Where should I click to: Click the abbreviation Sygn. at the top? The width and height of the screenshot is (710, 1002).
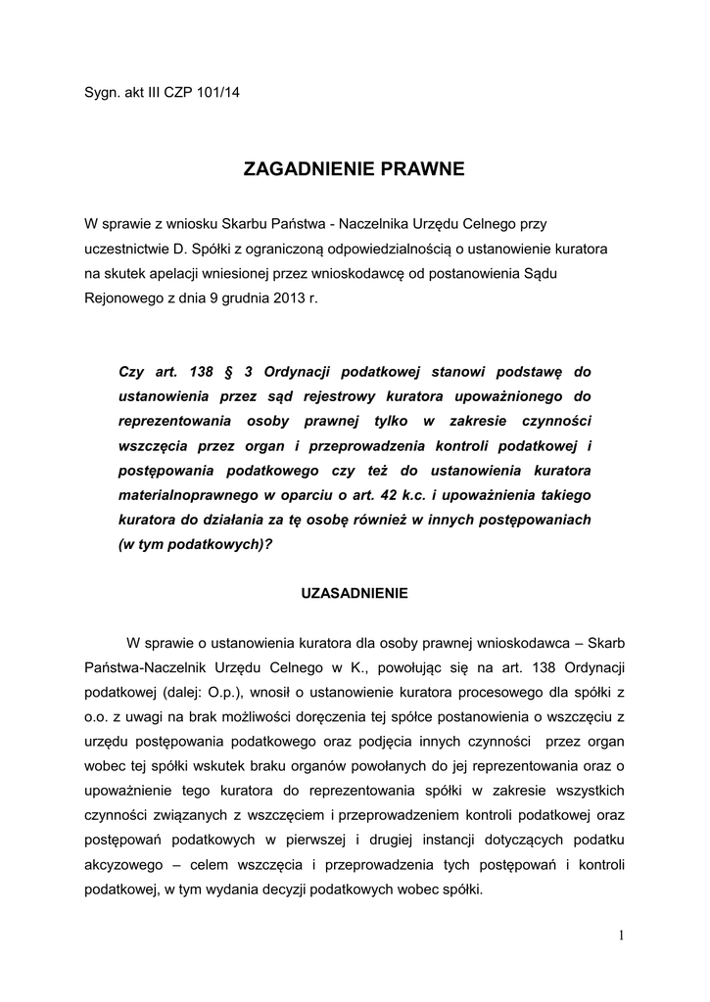[101, 93]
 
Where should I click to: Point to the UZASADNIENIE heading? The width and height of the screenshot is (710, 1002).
[355, 593]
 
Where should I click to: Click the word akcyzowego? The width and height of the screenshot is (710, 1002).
[121, 865]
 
